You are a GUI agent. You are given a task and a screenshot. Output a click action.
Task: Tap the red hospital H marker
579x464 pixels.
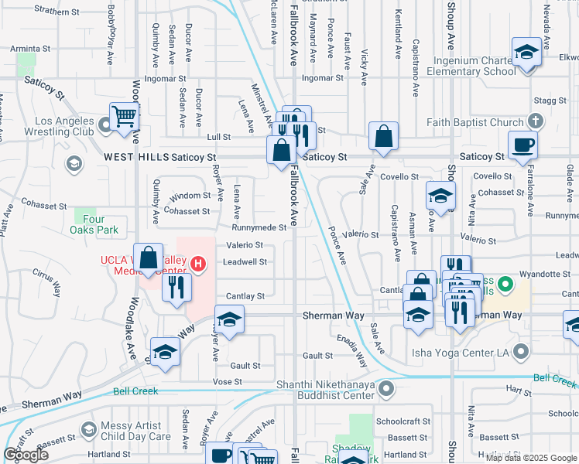tap(198, 265)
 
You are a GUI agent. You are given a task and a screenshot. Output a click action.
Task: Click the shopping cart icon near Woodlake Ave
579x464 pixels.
tap(124, 118)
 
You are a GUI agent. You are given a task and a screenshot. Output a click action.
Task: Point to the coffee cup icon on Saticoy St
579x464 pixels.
tap(522, 145)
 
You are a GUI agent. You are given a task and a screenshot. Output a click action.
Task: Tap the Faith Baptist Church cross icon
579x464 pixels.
tap(534, 121)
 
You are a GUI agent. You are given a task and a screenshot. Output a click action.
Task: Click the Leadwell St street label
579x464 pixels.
tap(245, 262)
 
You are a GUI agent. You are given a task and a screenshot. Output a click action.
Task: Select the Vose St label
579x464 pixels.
tap(228, 382)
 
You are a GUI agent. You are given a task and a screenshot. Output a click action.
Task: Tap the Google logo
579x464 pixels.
tap(26, 455)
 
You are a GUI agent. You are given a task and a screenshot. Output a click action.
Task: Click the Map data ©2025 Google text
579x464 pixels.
tap(530, 458)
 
